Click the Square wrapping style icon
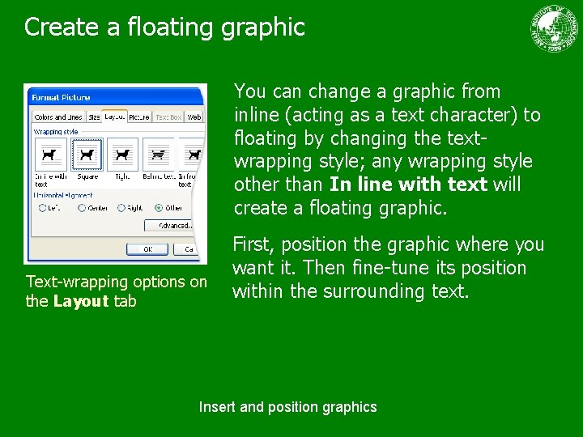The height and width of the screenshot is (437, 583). click(87, 154)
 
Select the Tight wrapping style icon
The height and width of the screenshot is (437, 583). click(122, 154)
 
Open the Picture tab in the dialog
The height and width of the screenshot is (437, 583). click(138, 118)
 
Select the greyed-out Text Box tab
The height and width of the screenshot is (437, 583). click(168, 118)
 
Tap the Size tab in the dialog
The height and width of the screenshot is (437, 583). click(94, 118)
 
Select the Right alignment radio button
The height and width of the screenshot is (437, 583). click(121, 208)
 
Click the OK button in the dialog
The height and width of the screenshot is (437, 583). click(149, 249)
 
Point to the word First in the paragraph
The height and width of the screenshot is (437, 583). click(249, 244)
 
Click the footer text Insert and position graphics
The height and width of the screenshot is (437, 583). click(287, 407)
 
